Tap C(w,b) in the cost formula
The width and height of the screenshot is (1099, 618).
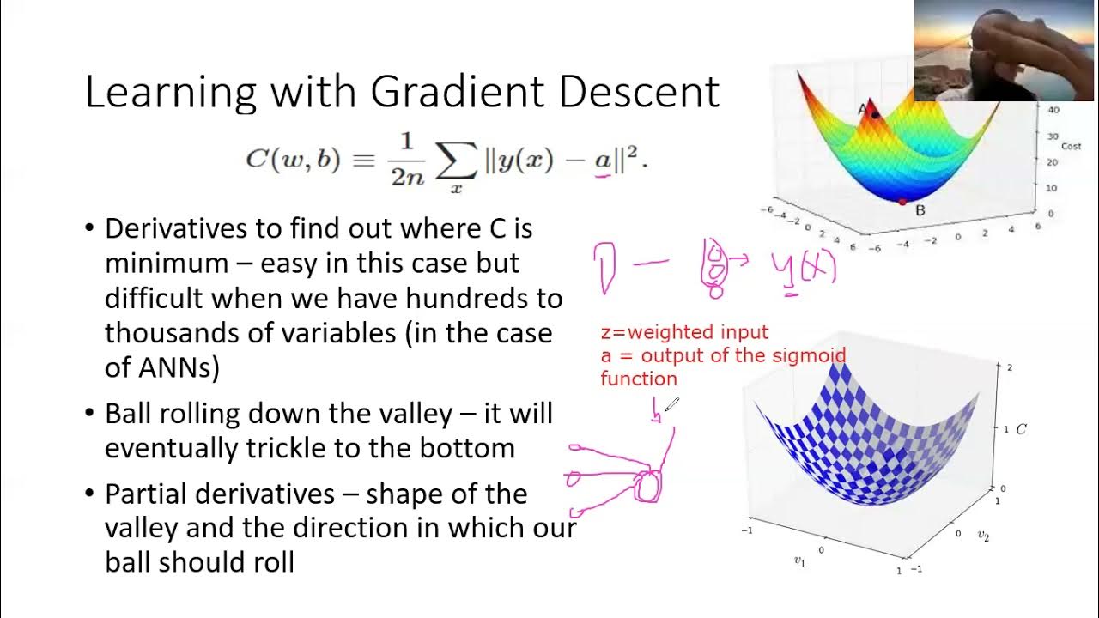point(293,159)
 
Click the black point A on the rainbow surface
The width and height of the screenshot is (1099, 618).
point(875,112)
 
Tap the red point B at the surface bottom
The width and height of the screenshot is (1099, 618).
point(902,202)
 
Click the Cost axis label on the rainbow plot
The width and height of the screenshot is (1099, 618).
point(1071,147)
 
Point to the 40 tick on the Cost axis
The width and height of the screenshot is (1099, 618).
point(1053,110)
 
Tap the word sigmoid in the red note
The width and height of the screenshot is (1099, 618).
point(813,355)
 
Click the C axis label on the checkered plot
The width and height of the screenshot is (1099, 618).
point(1022,429)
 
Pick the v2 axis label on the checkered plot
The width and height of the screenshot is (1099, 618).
point(983,535)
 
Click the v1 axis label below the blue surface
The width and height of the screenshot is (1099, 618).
point(799,560)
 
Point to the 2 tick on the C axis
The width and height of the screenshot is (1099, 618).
point(1010,367)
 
